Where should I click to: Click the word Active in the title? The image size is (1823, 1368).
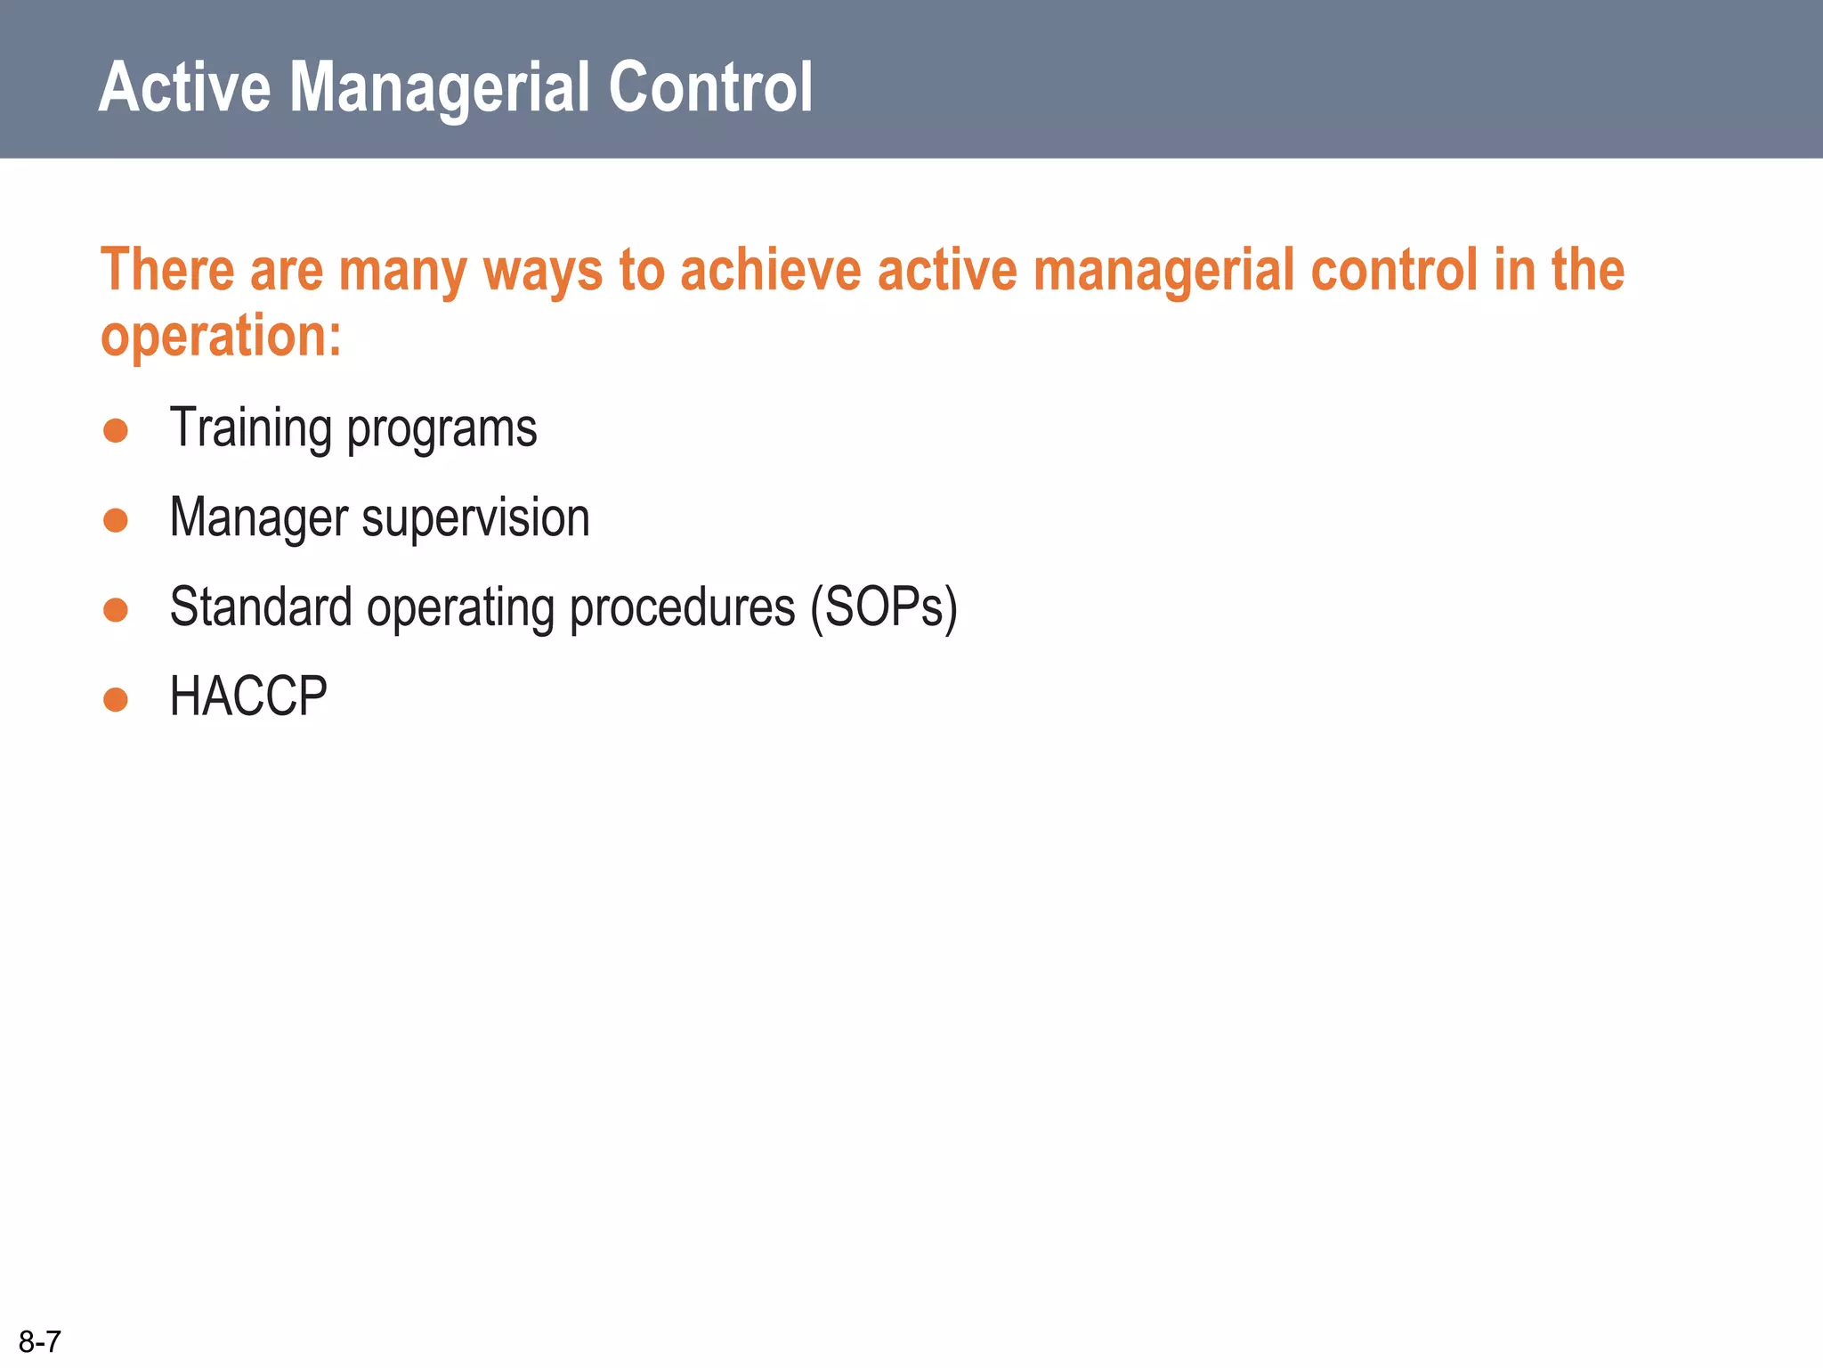click(184, 87)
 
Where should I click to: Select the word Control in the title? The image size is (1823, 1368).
click(710, 87)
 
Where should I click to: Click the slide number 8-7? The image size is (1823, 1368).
click(40, 1341)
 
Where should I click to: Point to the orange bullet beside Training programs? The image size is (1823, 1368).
click(116, 430)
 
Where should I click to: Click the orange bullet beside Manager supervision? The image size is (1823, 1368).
click(116, 519)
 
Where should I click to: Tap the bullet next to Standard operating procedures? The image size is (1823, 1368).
click(116, 609)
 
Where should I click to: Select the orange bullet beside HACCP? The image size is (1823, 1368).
click(116, 699)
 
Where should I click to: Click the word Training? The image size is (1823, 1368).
click(250, 428)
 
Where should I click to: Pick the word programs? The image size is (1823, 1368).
click(442, 430)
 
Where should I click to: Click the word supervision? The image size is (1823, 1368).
click(475, 519)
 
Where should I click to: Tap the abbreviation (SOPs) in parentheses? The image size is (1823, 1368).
click(884, 608)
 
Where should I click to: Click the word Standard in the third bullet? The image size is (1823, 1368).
click(261, 607)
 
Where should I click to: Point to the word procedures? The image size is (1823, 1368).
click(682, 608)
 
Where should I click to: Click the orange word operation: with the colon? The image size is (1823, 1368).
click(221, 337)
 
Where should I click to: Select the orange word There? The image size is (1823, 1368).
click(167, 270)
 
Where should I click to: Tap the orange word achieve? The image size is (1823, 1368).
click(771, 270)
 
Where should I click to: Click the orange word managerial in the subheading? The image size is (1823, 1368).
click(1163, 272)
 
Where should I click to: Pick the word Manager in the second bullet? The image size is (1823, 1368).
click(259, 519)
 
